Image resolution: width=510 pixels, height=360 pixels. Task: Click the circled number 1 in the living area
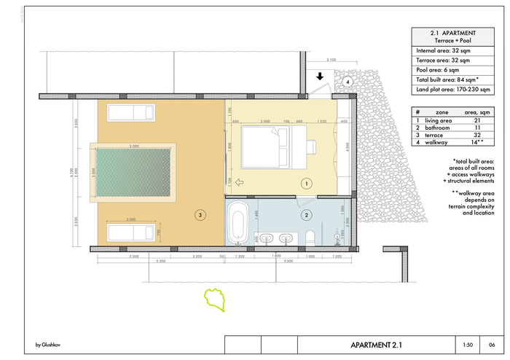[307, 184]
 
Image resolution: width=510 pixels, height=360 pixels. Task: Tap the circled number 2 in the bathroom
[307, 215]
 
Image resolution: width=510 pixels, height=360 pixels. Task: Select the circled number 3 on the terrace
[198, 214]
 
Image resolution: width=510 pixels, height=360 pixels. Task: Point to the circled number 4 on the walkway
[348, 82]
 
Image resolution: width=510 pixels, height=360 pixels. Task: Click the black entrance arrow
[318, 75]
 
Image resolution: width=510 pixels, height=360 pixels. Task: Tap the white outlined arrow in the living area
[240, 183]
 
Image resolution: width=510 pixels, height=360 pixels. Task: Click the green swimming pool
[134, 173]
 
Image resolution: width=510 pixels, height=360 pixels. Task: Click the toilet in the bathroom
[311, 235]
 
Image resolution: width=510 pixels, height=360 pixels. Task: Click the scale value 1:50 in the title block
[468, 345]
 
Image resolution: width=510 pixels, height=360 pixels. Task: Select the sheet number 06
[492, 345]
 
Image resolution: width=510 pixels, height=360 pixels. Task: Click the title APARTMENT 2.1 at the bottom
[376, 345]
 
